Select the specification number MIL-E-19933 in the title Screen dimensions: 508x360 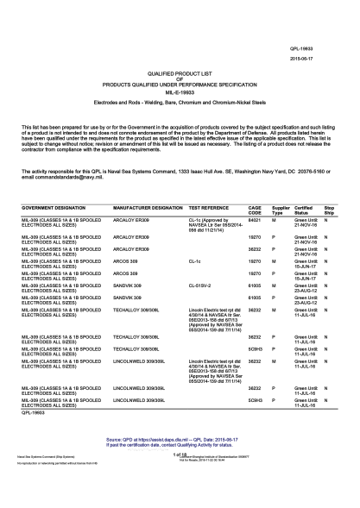(180, 92)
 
